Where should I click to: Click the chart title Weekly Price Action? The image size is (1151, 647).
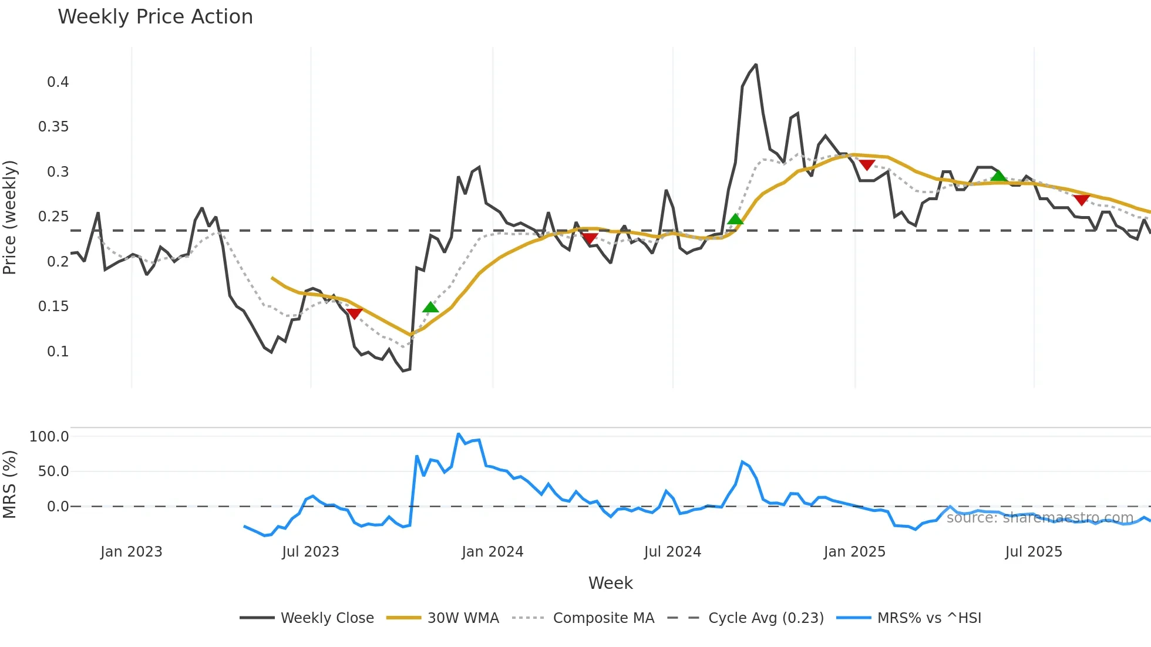tap(155, 17)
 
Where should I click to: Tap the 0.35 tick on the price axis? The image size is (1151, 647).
tap(53, 127)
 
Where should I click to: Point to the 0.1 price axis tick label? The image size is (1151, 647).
tap(58, 352)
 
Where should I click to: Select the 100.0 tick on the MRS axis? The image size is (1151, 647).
tap(49, 437)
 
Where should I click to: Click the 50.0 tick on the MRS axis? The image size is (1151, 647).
tap(53, 471)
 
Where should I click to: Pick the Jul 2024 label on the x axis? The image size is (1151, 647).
tap(672, 552)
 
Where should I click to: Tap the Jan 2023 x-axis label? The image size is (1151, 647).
tap(132, 552)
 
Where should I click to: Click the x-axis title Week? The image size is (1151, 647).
tap(610, 583)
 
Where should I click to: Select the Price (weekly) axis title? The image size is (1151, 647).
tap(10, 217)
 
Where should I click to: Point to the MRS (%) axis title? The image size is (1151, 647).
tap(10, 484)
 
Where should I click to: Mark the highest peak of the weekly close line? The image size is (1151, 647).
tap(756, 65)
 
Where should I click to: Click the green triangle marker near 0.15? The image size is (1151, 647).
tap(430, 307)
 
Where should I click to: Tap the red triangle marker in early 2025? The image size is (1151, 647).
tap(867, 165)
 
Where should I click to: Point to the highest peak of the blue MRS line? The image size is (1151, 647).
tap(459, 434)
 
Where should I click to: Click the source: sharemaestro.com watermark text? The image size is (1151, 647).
tap(1039, 518)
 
